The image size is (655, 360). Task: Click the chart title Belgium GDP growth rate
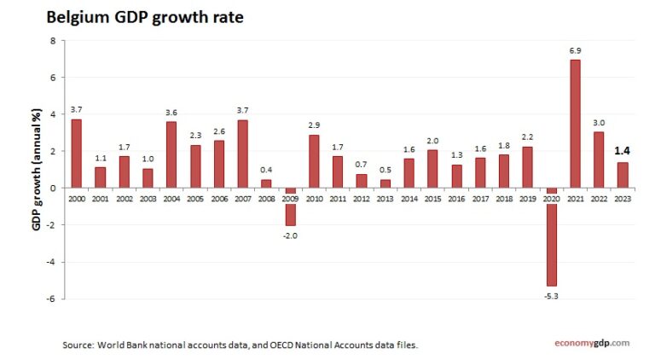145,17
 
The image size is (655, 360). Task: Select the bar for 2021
575,123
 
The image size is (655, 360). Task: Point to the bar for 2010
314,160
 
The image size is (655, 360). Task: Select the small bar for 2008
266,183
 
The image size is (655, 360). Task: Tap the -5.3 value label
551,295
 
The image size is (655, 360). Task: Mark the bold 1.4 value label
622,151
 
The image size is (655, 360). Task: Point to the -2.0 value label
290,235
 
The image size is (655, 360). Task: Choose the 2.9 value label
314,125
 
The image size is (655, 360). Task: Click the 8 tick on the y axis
53,41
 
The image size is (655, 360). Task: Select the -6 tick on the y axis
51,299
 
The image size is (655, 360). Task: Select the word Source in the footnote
78,345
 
